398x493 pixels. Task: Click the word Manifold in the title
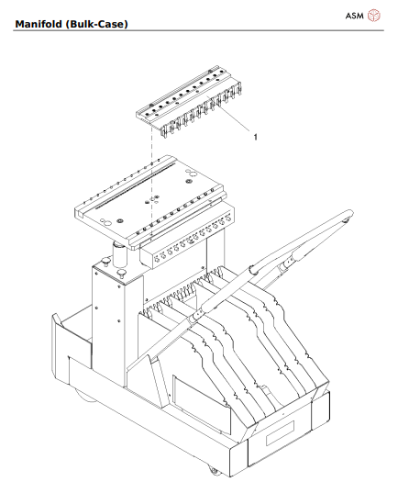44,21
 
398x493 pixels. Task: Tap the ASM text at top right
353,16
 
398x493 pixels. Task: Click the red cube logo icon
374,16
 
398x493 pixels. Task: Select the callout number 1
255,137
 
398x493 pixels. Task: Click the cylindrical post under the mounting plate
119,252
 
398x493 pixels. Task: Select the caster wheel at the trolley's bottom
214,470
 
